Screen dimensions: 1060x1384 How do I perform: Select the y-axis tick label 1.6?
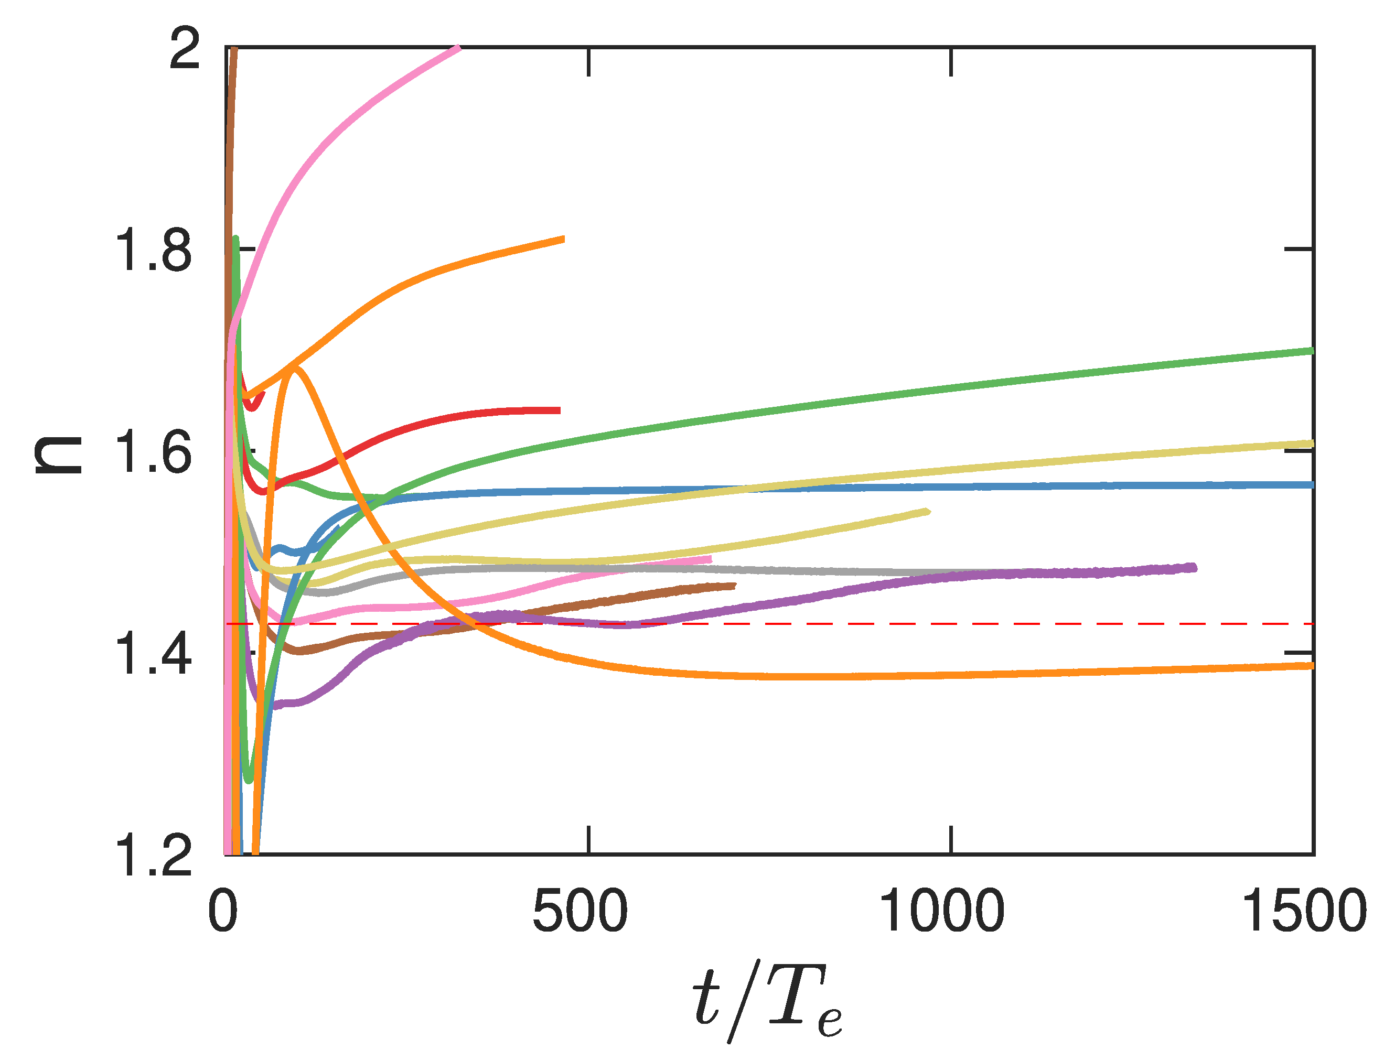click(x=153, y=453)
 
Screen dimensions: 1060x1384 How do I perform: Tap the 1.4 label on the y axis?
click(x=153, y=655)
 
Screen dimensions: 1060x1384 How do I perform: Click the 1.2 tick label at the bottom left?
click(x=153, y=856)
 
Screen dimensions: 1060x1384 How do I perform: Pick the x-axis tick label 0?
click(x=223, y=912)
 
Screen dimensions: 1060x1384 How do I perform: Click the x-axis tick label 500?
click(x=580, y=912)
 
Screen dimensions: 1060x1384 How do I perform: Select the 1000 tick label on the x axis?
click(x=941, y=912)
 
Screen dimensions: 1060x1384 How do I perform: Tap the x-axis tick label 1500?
click(x=1304, y=912)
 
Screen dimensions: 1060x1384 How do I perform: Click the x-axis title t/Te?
click(x=767, y=1003)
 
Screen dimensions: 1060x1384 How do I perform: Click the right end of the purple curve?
click(x=1194, y=567)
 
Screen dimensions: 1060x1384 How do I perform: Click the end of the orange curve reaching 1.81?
click(x=563, y=239)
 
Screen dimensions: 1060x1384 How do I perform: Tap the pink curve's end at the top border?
click(x=459, y=48)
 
